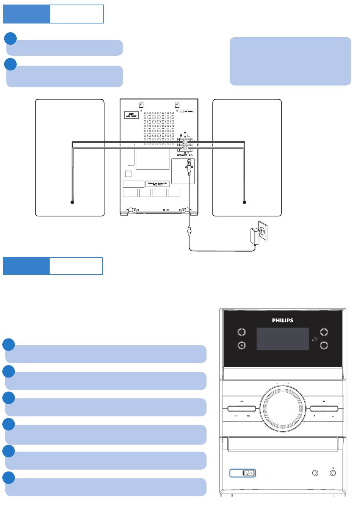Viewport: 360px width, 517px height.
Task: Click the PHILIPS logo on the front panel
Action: [x=283, y=320]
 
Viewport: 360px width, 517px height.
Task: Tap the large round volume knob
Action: [x=283, y=408]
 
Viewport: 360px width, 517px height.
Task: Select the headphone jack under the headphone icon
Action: [x=332, y=473]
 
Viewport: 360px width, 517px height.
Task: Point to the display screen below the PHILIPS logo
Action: [x=283, y=339]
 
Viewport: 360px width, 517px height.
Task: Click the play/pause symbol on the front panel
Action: [x=242, y=401]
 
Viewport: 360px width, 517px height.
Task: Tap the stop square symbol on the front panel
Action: [x=324, y=401]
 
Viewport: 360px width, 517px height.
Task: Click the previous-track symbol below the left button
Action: [x=235, y=416]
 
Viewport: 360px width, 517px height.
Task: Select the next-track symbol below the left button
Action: [x=248, y=416]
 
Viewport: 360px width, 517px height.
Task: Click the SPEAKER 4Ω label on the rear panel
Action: [x=185, y=155]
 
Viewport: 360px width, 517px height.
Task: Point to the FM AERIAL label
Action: [x=189, y=111]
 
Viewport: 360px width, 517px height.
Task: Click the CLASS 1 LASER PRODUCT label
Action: [x=131, y=115]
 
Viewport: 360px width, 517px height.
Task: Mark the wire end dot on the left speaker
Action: [x=72, y=202]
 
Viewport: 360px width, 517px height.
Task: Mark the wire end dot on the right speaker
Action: [x=244, y=202]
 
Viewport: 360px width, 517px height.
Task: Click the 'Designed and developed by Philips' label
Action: [x=157, y=184]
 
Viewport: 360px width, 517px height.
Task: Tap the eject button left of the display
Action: [x=241, y=345]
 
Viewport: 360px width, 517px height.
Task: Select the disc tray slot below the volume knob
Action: [x=283, y=444]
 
